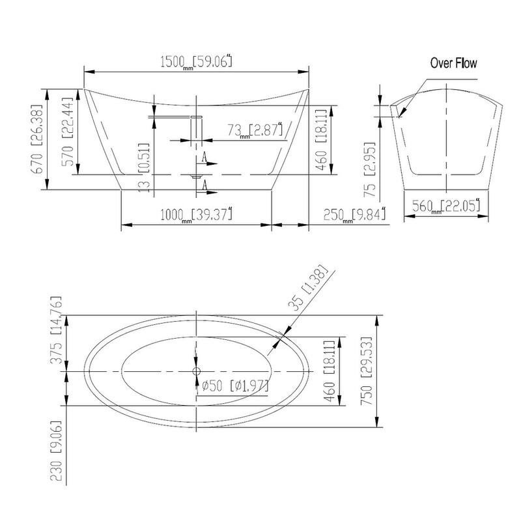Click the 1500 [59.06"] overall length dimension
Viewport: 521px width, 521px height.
click(x=196, y=63)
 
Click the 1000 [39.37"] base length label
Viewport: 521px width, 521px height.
click(x=196, y=214)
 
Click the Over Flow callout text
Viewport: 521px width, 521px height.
click(x=453, y=63)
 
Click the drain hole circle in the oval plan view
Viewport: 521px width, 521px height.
click(x=196, y=371)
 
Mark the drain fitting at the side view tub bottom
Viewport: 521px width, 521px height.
click(x=196, y=176)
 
